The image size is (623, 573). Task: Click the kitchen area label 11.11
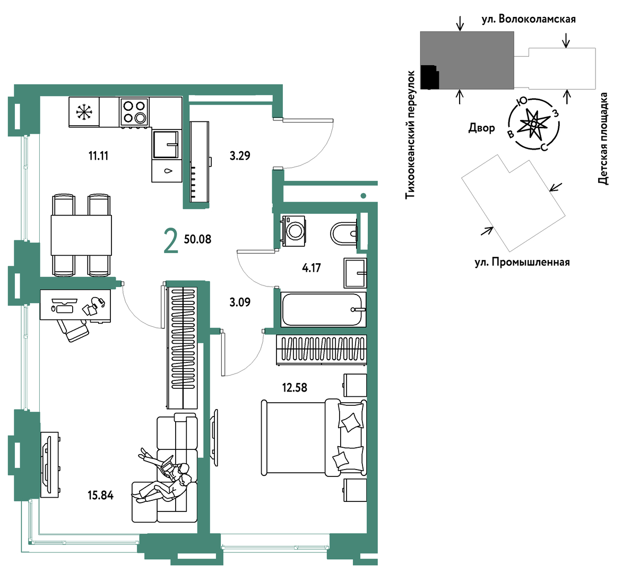pos(98,156)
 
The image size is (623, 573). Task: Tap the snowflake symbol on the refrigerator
pos(84,111)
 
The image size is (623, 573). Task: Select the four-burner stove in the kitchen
pos(134,112)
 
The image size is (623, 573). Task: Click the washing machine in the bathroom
pos(293,230)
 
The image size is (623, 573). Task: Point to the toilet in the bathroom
pos(344,233)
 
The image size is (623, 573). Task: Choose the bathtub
pos(323,309)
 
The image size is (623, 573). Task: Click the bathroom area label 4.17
pos(311,268)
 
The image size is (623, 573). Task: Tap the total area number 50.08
pos(197,239)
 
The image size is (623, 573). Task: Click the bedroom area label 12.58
pos(295,387)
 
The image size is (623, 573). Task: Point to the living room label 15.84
pos(100,496)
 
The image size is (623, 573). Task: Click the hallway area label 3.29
pos(240,156)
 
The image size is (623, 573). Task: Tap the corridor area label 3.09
pos(240,302)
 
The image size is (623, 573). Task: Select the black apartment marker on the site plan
pos(429,77)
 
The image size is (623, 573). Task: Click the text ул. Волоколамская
pos(529,19)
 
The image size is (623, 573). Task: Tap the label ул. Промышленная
pos(522,262)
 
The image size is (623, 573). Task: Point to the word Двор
pos(481,128)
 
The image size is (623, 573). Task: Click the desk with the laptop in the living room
pos(75,305)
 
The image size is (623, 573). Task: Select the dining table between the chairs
pos(81,235)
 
